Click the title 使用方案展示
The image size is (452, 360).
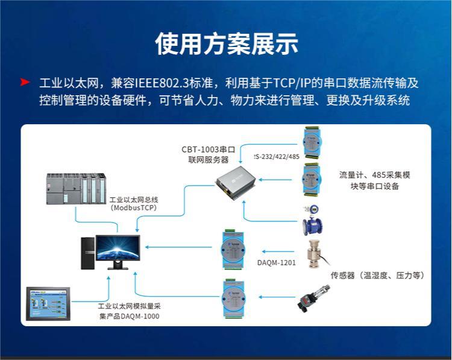pos(226,43)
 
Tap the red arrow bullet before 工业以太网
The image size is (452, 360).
pos(25,81)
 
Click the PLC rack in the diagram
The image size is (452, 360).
pos(77,189)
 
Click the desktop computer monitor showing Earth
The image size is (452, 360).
pos(118,251)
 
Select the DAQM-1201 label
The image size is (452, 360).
pos(276,263)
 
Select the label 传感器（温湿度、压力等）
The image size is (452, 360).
pos(377,276)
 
